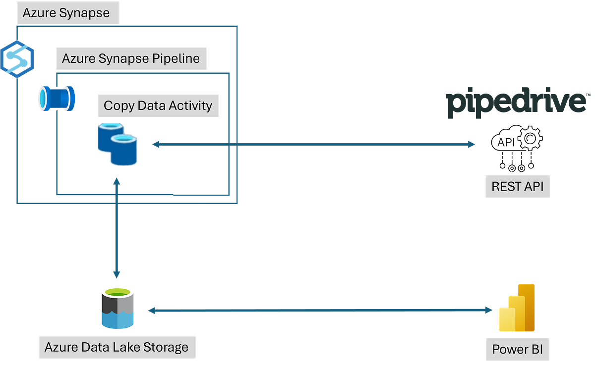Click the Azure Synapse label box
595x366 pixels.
[x=66, y=13]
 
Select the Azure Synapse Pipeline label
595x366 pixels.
[x=131, y=59]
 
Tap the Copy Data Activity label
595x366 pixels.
[x=158, y=105]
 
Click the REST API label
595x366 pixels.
[x=517, y=187]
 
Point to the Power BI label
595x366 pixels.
[x=517, y=350]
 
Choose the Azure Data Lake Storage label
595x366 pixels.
[x=117, y=347]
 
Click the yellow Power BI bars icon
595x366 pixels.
[x=517, y=308]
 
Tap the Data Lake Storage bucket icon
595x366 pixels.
[x=117, y=308]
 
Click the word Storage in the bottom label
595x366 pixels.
[x=166, y=347]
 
